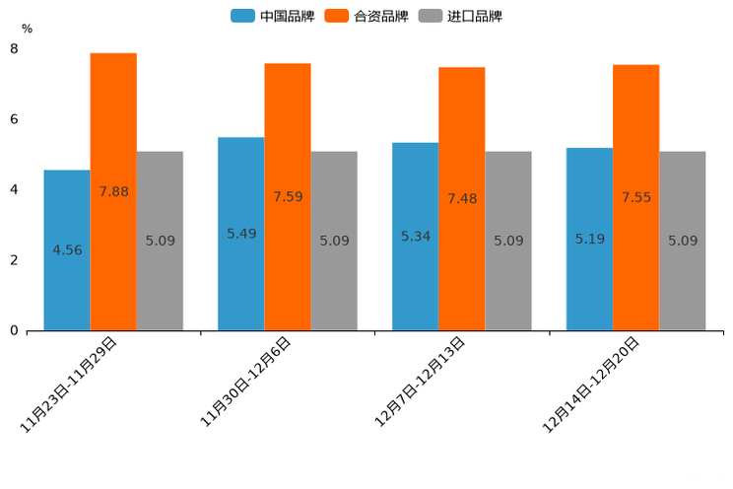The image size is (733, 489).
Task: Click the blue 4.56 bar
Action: click(67, 250)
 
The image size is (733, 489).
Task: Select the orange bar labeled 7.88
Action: click(113, 192)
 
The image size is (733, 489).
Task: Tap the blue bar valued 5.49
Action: click(240, 234)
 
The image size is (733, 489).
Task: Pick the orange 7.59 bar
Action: click(288, 197)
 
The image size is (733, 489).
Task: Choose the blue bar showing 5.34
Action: click(415, 237)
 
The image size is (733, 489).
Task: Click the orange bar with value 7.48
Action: click(461, 199)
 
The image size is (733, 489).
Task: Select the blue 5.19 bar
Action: click(589, 239)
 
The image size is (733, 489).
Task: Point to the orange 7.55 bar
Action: click(635, 197)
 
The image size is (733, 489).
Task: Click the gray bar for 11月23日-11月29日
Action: click(160, 241)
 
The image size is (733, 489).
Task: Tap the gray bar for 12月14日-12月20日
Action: click(683, 241)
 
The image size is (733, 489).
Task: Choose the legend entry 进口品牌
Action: click(461, 16)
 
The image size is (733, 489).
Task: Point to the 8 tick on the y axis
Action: click(14, 48)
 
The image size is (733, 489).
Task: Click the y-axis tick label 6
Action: click(14, 119)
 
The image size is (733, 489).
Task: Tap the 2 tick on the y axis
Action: click(14, 260)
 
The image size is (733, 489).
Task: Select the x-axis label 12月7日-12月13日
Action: click(421, 384)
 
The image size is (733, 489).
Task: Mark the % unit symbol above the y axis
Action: click(27, 29)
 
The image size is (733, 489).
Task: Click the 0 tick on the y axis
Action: click(14, 331)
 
